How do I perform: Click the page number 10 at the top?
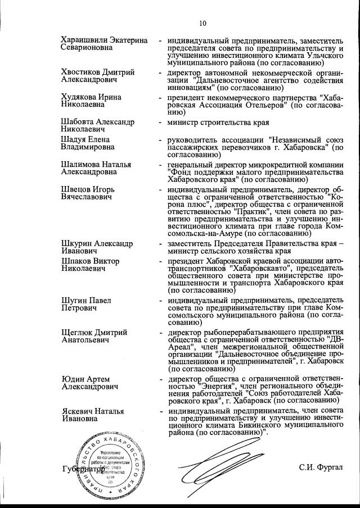click(202, 23)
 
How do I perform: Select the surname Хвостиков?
click(82, 72)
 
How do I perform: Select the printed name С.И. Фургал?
click(321, 468)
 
